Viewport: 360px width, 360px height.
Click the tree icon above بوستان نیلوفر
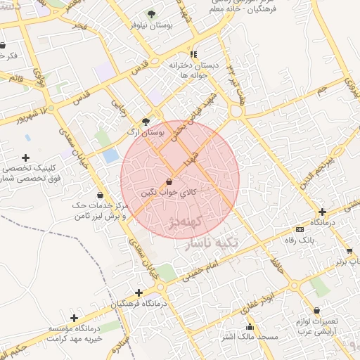(x=151, y=14)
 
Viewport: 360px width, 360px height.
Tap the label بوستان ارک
(x=144, y=131)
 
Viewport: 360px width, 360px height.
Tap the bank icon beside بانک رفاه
(x=300, y=229)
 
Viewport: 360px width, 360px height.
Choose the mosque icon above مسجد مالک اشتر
(x=250, y=327)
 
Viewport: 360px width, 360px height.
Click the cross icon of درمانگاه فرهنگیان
(x=139, y=292)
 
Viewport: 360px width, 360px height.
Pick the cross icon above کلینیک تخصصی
(x=26, y=157)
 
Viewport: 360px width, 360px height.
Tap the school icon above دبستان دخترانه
(x=193, y=54)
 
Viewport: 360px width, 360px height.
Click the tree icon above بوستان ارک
(x=146, y=121)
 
